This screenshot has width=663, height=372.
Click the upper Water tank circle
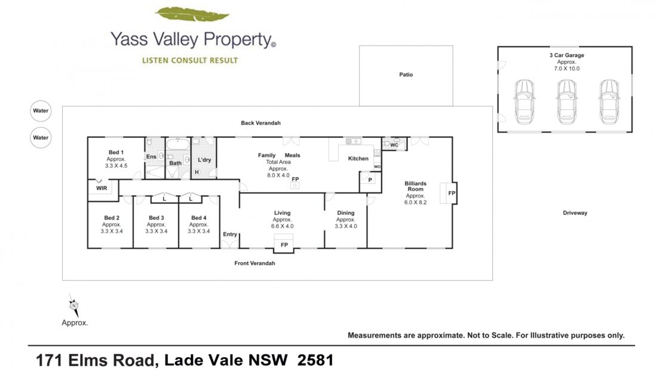[41, 110]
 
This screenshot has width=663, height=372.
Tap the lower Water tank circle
[41, 137]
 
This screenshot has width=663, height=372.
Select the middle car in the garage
[567, 102]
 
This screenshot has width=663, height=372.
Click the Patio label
[406, 75]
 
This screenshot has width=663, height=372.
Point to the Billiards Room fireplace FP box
[449, 193]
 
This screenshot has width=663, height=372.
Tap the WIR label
[102, 188]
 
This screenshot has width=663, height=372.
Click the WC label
[394, 145]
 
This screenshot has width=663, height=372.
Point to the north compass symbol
[74, 305]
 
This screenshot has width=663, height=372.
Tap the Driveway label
[575, 213]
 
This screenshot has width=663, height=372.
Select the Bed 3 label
[156, 218]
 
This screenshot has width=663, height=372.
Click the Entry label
[230, 234]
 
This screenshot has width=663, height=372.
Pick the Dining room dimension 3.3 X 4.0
[346, 226]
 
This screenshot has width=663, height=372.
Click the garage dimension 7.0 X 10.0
[567, 69]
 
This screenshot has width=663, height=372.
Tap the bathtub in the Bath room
[178, 144]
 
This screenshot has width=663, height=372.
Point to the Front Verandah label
[254, 263]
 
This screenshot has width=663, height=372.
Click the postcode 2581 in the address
[315, 360]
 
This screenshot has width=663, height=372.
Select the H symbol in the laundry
[197, 172]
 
